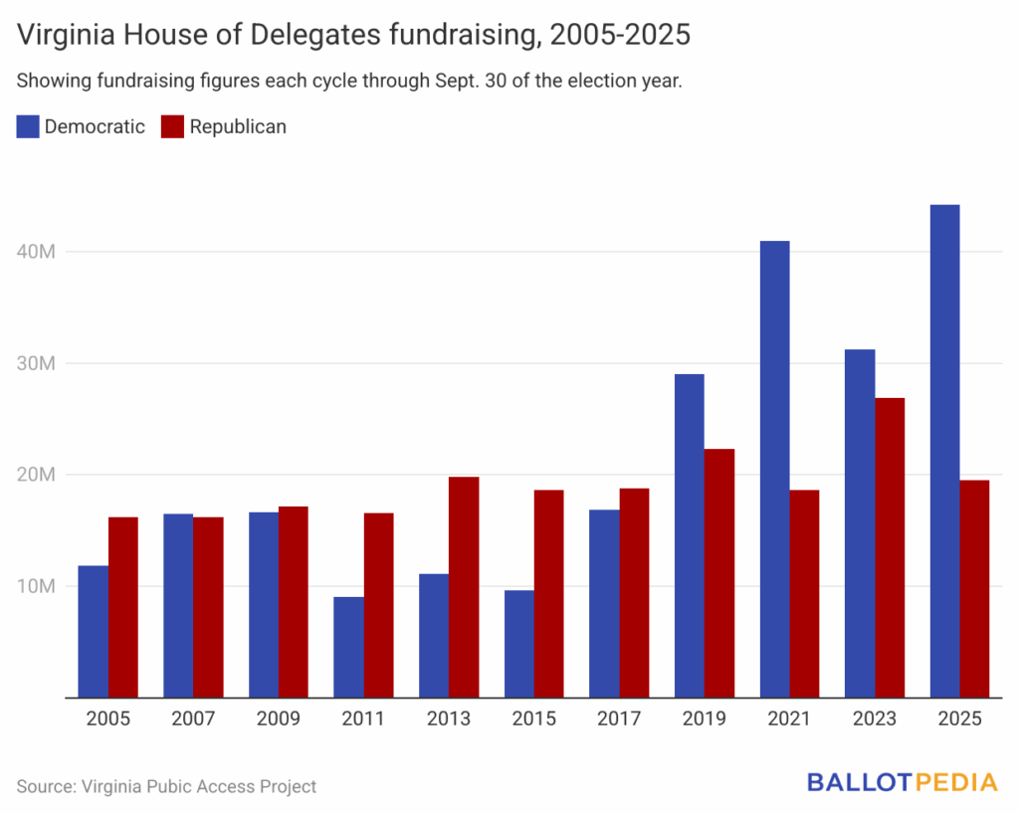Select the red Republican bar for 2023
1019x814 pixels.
[x=890, y=547]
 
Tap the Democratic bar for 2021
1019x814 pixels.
[x=774, y=469]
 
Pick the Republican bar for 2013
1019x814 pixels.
[x=464, y=587]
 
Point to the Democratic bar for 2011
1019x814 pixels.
[x=348, y=647]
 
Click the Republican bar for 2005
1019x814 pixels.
[x=123, y=607]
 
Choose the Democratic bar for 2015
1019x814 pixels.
[x=518, y=644]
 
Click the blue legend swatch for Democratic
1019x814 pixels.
[x=28, y=126]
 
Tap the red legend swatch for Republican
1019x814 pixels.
[x=172, y=126]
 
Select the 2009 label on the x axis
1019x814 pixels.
[x=279, y=719]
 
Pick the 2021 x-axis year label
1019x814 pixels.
[x=789, y=719]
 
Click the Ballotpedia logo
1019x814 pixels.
[x=902, y=783]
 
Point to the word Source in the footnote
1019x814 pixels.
[x=47, y=786]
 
